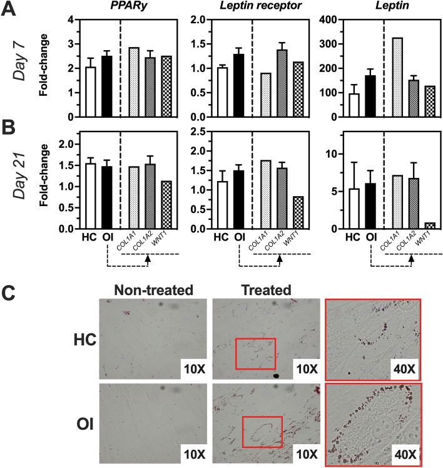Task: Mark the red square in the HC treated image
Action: [x=255, y=354]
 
